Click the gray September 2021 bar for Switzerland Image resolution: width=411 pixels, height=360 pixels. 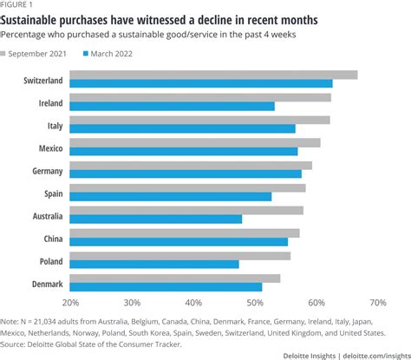212,75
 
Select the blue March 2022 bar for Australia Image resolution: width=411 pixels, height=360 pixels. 155,219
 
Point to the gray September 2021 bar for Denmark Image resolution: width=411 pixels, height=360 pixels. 174,278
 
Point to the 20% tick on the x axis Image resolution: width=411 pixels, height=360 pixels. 70,303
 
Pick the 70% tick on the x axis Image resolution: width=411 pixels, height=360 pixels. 377,303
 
